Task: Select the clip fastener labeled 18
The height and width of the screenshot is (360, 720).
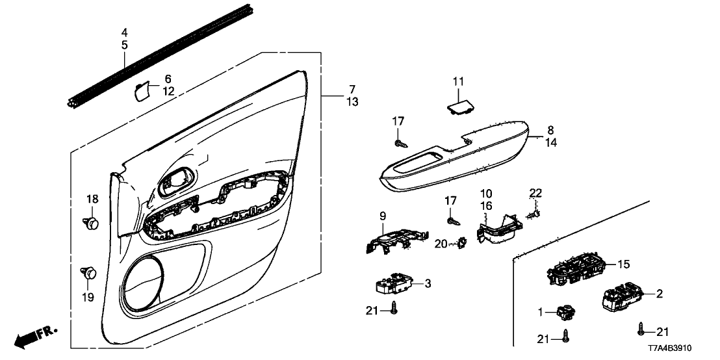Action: point(92,223)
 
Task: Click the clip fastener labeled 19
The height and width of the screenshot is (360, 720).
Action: point(88,272)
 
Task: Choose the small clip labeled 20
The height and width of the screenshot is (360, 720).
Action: point(463,242)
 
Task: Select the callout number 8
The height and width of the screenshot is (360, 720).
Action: point(550,130)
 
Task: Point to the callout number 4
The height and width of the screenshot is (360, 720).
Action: point(125,32)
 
